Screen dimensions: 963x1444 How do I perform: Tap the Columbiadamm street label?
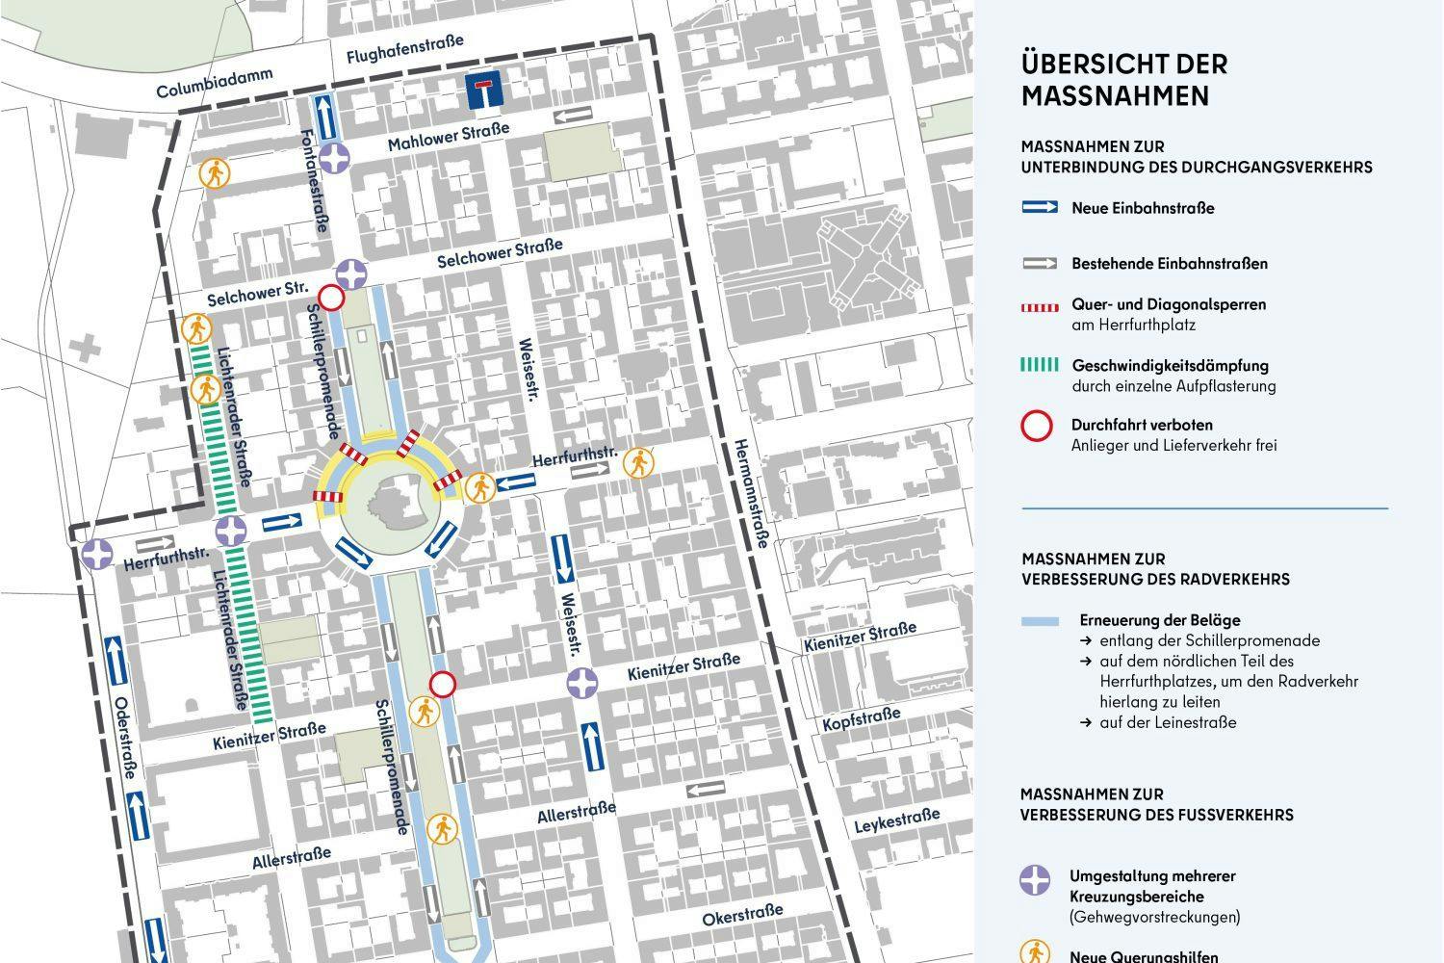pos(215,84)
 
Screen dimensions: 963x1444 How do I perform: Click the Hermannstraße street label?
pos(750,491)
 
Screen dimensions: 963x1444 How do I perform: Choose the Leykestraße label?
pos(896,821)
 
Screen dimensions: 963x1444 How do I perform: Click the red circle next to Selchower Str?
pos(330,299)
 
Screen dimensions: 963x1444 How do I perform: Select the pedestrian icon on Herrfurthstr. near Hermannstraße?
pos(636,463)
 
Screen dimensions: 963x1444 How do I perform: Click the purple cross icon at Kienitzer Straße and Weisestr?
pos(581,684)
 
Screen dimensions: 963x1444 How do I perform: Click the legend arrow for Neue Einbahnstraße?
pos(1039,207)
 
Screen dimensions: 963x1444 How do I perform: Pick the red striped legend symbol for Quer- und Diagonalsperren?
pos(1039,305)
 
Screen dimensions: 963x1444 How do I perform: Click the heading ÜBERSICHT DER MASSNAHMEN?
pos(1123,80)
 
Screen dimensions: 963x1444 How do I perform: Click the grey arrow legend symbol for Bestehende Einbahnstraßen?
pos(1039,263)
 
